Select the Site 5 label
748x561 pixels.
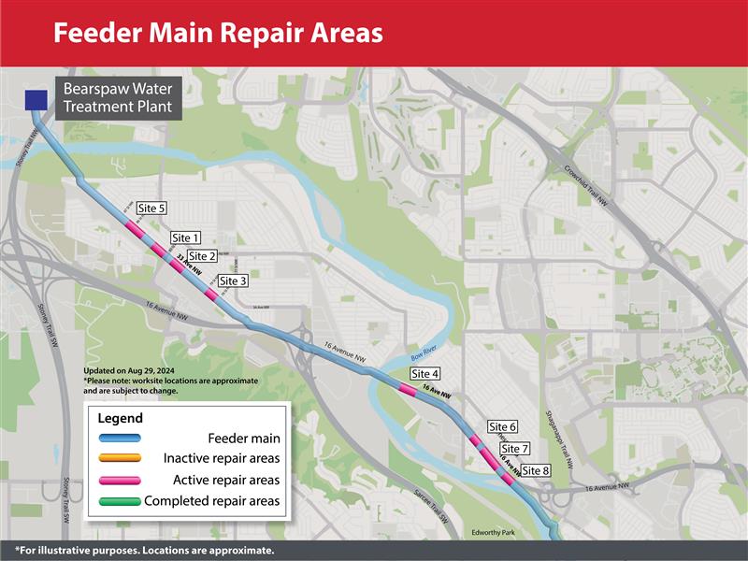pyautogui.click(x=151, y=208)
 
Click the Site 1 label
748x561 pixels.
pyautogui.click(x=186, y=238)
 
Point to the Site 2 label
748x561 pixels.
pyautogui.click(x=202, y=256)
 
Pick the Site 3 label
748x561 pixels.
pyautogui.click(x=233, y=280)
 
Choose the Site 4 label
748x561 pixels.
pyautogui.click(x=425, y=374)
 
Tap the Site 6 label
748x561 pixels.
pyautogui.click(x=503, y=427)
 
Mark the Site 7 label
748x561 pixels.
pyautogui.click(x=515, y=449)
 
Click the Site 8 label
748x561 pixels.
pyautogui.click(x=536, y=470)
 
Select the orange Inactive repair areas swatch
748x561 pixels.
pyautogui.click(x=118, y=458)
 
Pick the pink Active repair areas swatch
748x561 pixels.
pyautogui.click(x=118, y=480)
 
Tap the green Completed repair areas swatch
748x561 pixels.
pyautogui.click(x=118, y=501)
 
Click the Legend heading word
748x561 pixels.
pyautogui.click(x=121, y=418)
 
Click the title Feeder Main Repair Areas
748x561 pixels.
pyautogui.click(x=218, y=33)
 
